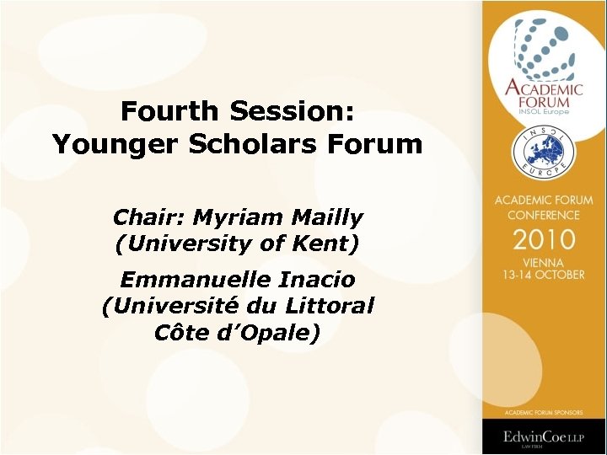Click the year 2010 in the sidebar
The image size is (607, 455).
[x=544, y=238]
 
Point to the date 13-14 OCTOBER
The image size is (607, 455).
[x=544, y=275]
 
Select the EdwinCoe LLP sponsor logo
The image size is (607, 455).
[x=544, y=437]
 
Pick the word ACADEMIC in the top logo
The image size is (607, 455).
[x=544, y=90]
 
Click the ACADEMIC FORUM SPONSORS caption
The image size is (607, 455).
[x=544, y=412]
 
